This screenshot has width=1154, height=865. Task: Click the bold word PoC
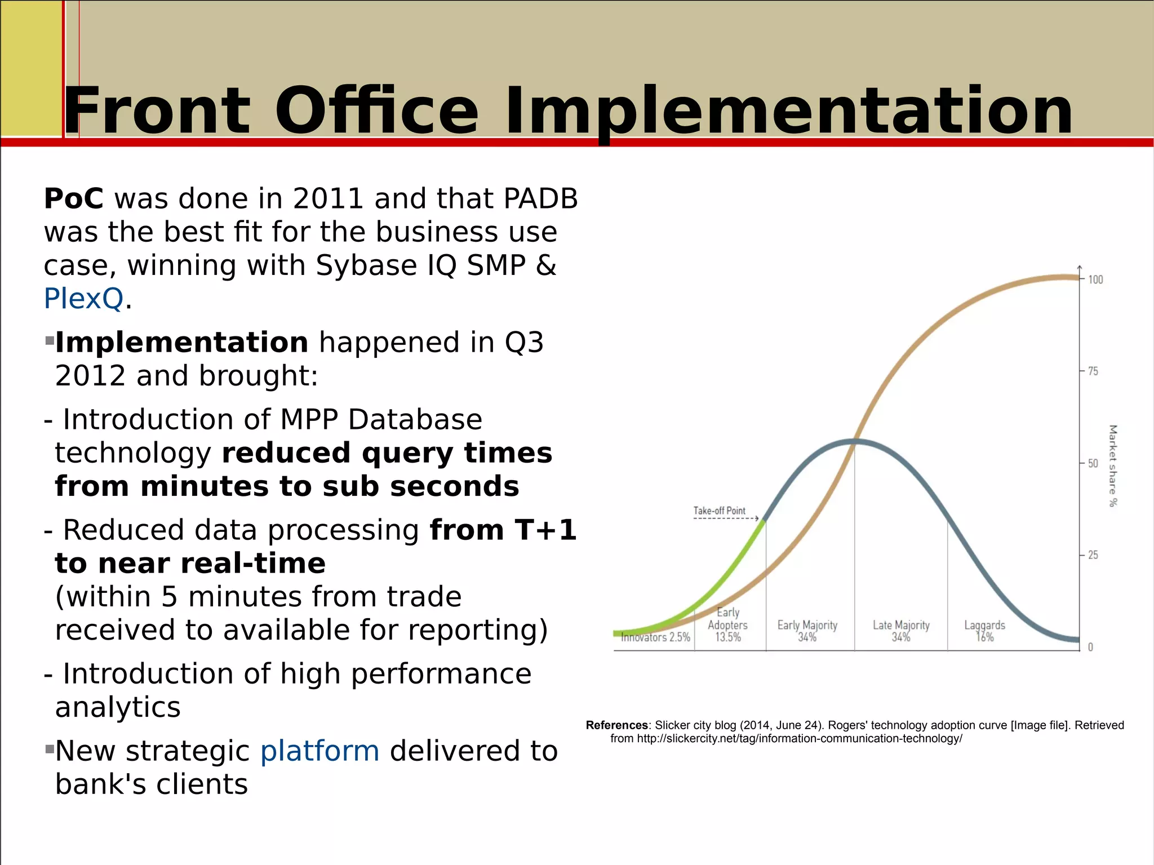click(x=74, y=199)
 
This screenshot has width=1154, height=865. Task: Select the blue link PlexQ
click(x=83, y=299)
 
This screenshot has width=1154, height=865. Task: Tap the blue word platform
click(x=319, y=751)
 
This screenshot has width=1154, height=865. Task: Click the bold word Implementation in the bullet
click(x=181, y=343)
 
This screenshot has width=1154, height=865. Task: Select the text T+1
click(x=545, y=530)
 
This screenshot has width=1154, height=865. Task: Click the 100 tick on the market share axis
click(x=1095, y=280)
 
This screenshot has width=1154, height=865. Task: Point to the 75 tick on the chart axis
click(x=1093, y=371)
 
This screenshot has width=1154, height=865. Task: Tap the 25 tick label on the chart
click(x=1093, y=555)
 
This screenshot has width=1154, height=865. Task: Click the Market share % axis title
click(x=1112, y=465)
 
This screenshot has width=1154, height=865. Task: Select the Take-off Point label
click(x=719, y=511)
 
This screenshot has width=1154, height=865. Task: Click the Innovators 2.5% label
click(x=655, y=637)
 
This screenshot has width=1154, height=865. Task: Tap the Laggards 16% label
click(x=984, y=631)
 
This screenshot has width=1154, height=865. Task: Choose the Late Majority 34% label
click(x=901, y=631)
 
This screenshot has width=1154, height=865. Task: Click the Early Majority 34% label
click(x=807, y=631)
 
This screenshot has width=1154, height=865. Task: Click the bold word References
click(x=616, y=725)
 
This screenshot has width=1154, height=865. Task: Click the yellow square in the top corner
click(x=31, y=68)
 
